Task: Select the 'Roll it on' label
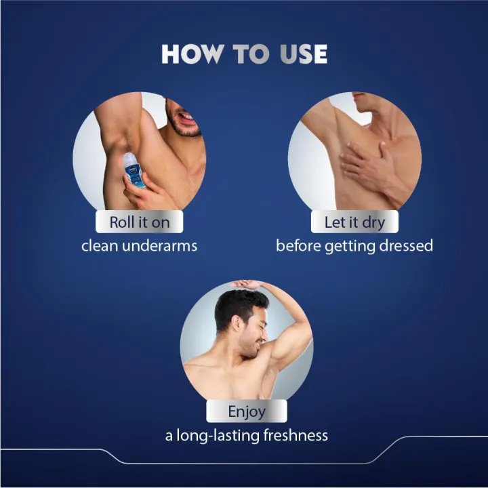click(140, 222)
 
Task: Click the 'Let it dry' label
click(354, 222)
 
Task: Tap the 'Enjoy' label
click(247, 411)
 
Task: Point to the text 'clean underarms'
click(140, 245)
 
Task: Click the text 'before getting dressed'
click(354, 245)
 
